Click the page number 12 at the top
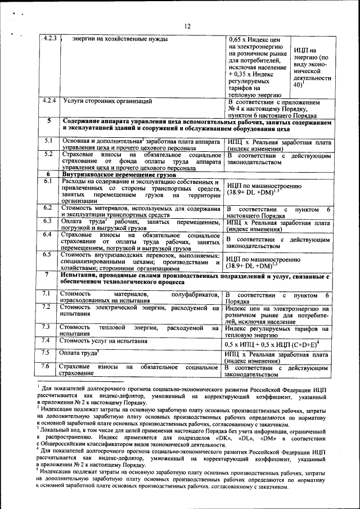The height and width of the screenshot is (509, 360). tap(187, 25)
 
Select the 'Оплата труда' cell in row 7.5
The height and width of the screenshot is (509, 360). tap(79, 353)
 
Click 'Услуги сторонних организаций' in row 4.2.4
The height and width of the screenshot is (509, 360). tap(107, 101)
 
